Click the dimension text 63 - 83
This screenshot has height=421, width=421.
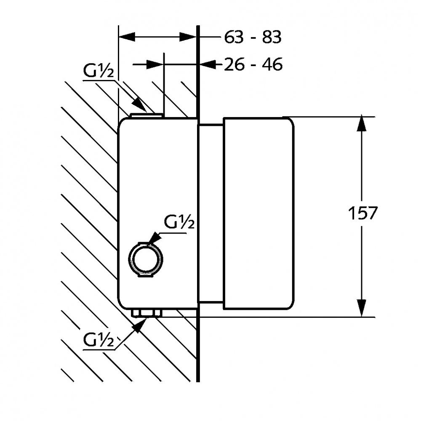click(252, 37)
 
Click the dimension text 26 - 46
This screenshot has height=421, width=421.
click(253, 65)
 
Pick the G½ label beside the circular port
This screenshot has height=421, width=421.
click(179, 222)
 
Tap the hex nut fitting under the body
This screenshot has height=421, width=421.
click(146, 313)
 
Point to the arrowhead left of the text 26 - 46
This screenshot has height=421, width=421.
click(209, 65)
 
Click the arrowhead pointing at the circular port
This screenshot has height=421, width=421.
click(154, 239)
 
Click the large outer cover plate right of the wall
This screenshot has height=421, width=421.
click(258, 213)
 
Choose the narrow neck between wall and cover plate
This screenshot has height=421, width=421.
click(210, 213)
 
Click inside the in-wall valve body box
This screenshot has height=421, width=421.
click(158, 189)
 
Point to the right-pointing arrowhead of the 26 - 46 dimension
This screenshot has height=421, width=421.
click(155, 65)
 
